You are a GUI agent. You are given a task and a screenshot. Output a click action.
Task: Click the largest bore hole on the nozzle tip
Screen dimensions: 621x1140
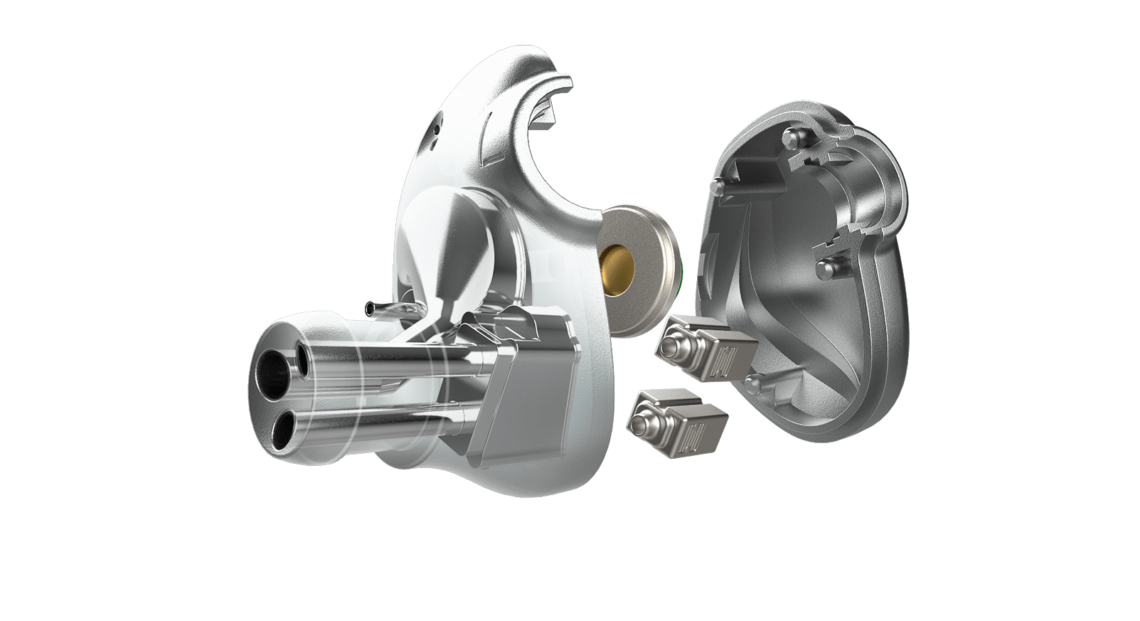[x=271, y=371]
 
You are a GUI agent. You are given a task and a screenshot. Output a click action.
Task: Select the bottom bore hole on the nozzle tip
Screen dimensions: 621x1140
[x=285, y=428]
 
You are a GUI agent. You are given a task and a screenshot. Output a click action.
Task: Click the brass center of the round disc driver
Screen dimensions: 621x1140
[x=617, y=270]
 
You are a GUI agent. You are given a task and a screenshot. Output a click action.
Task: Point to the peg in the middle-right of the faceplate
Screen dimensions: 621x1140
[x=825, y=268]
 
